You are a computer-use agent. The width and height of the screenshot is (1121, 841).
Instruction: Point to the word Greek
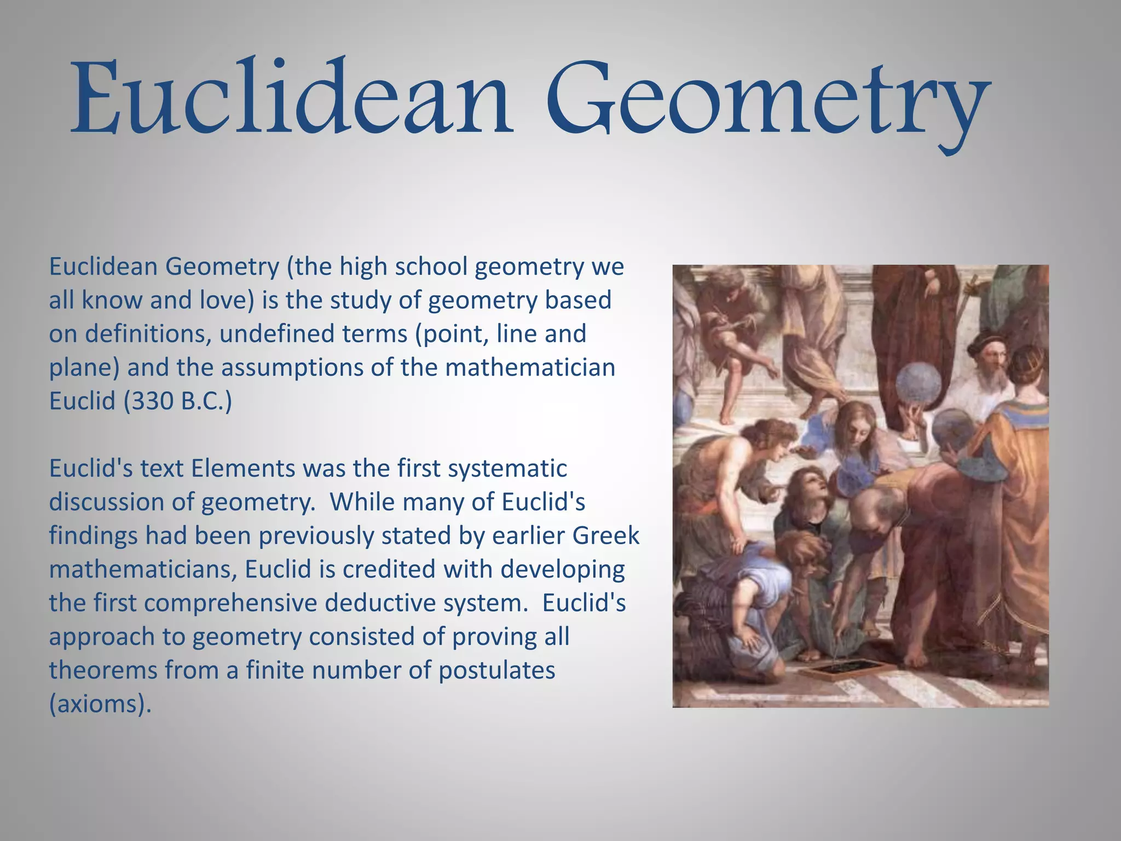pos(606,536)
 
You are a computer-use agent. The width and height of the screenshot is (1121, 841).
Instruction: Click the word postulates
pos(496,671)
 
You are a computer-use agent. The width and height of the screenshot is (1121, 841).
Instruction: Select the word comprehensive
pos(230,603)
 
